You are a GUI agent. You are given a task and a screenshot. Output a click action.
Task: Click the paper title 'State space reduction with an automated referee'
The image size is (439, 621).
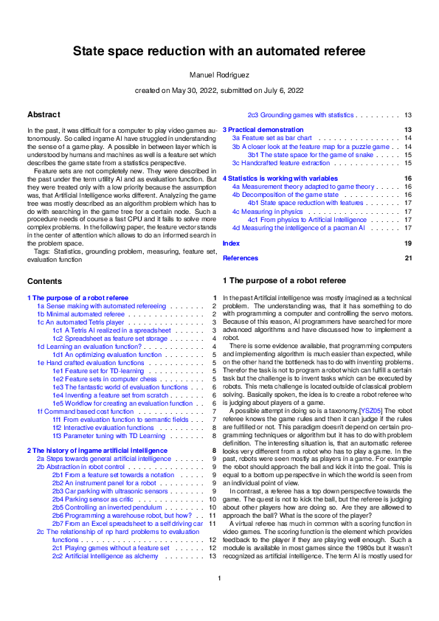(x=219, y=52)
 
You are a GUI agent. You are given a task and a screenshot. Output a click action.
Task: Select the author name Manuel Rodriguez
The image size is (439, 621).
(x=219, y=74)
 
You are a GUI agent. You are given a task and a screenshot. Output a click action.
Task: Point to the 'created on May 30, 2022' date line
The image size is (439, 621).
(x=219, y=90)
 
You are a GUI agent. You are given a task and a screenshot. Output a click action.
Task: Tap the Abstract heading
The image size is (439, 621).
(x=44, y=115)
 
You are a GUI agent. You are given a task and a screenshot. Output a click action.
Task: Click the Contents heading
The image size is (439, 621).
(x=44, y=282)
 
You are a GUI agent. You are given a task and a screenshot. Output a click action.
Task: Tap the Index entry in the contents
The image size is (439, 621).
(x=231, y=243)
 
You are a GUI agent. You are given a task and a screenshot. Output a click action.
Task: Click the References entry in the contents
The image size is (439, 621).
(x=240, y=258)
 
